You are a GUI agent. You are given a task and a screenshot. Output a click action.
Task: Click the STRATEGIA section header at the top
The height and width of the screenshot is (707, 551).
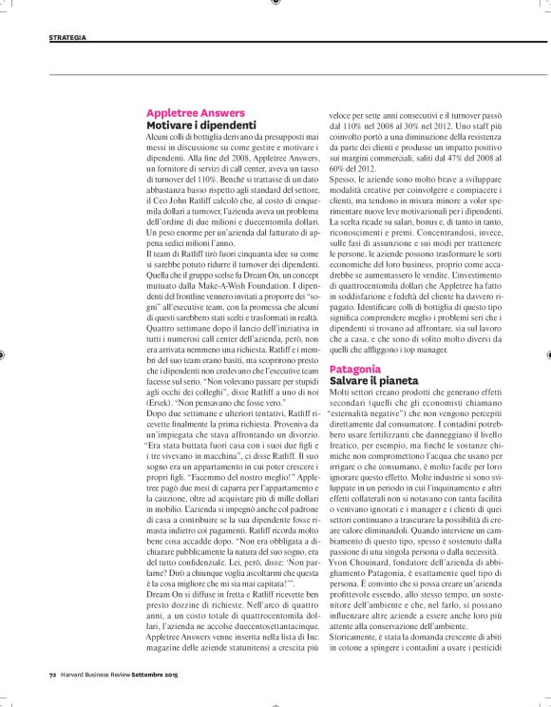[x=66, y=38]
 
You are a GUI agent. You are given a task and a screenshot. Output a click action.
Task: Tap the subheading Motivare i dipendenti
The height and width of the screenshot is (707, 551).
[x=201, y=124]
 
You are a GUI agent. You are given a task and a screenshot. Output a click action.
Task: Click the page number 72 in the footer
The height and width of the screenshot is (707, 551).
[x=53, y=676]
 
